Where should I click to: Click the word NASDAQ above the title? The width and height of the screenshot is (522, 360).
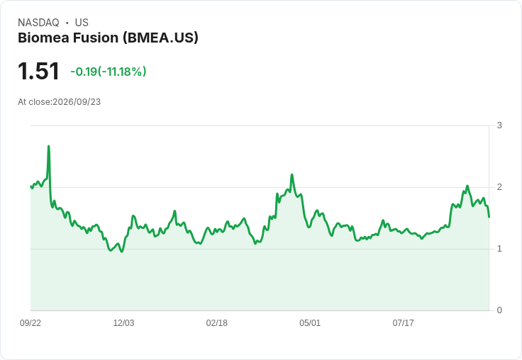(x=38, y=23)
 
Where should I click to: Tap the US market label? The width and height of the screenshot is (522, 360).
(x=82, y=23)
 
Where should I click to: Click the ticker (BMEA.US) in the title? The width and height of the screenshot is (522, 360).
(x=160, y=38)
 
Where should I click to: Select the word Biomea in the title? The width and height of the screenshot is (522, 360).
(x=43, y=38)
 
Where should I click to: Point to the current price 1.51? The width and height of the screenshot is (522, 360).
(x=38, y=71)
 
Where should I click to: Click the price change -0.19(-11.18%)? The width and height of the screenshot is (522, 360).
(x=109, y=72)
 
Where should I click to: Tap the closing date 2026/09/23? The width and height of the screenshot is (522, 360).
(x=77, y=102)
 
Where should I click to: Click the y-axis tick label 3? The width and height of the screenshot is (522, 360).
(x=499, y=125)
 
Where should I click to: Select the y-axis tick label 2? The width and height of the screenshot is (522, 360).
(x=499, y=187)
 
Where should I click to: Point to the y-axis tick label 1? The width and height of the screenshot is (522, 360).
(x=499, y=249)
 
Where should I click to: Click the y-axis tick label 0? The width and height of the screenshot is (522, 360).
(x=499, y=310)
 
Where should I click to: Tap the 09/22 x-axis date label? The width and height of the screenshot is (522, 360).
(x=30, y=322)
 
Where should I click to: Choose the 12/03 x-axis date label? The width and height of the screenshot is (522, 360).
(x=123, y=322)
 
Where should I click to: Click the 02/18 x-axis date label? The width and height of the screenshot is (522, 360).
(x=217, y=322)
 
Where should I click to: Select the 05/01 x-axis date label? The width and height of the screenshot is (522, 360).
(x=310, y=322)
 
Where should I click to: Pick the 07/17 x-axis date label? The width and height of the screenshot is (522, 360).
(x=403, y=322)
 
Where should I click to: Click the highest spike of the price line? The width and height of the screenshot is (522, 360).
(x=49, y=146)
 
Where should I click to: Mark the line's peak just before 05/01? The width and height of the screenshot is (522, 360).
(x=292, y=174)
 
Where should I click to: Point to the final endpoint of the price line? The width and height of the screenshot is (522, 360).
(x=489, y=217)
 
